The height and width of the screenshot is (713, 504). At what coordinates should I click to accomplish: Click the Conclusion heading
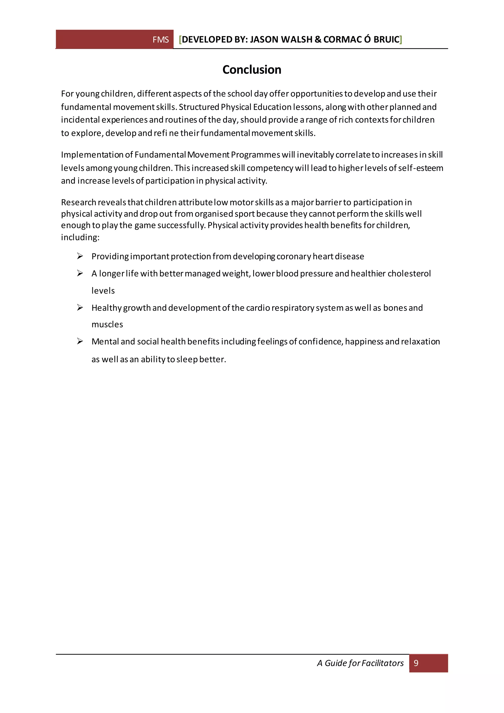[x=252, y=70]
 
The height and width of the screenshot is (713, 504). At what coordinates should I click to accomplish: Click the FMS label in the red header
[x=160, y=40]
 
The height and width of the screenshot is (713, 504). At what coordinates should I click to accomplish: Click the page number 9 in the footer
[x=416, y=663]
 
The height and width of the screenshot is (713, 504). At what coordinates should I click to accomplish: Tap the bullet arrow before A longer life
[x=80, y=273]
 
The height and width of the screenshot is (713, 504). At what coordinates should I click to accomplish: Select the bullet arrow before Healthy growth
[x=80, y=308]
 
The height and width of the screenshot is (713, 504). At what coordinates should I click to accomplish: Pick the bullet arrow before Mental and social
[x=80, y=341]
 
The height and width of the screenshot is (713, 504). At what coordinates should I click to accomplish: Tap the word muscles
[x=107, y=324]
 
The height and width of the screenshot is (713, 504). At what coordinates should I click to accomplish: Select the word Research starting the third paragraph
[x=79, y=202]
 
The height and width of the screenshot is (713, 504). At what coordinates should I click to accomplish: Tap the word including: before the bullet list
[x=80, y=237]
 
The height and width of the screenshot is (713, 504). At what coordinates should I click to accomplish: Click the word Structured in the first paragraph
[x=199, y=107]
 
